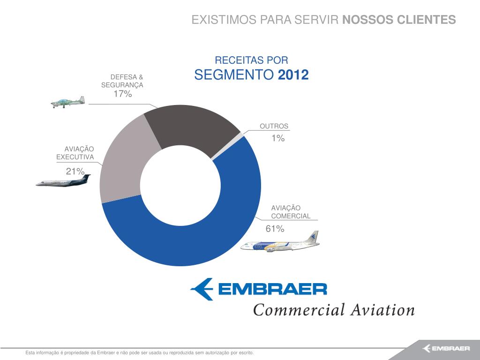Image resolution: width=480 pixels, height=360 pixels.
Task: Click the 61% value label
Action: coord(275,229)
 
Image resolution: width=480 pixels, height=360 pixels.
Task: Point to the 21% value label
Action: coord(75,172)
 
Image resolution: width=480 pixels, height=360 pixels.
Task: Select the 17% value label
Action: coord(123,94)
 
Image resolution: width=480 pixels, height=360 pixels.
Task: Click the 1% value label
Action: coord(278,138)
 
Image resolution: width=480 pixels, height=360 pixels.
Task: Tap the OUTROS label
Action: coord(274,126)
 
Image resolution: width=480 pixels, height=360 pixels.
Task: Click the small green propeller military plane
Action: coord(67,102)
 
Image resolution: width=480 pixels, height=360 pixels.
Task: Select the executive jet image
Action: coord(63,180)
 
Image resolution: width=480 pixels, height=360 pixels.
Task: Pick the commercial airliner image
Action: coord(280,242)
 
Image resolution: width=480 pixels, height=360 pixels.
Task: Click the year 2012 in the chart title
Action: coord(293,75)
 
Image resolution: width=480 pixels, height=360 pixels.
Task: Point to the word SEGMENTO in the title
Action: coord(234,75)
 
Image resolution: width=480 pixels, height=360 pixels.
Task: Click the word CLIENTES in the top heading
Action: coord(427,20)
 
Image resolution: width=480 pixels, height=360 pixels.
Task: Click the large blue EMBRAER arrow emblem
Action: coord(202,289)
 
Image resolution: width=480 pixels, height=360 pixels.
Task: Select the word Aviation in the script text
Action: coord(382,310)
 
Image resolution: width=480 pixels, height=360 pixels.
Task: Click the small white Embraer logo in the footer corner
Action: coord(446,348)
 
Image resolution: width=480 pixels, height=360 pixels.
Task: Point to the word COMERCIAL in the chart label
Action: coord(291,216)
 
